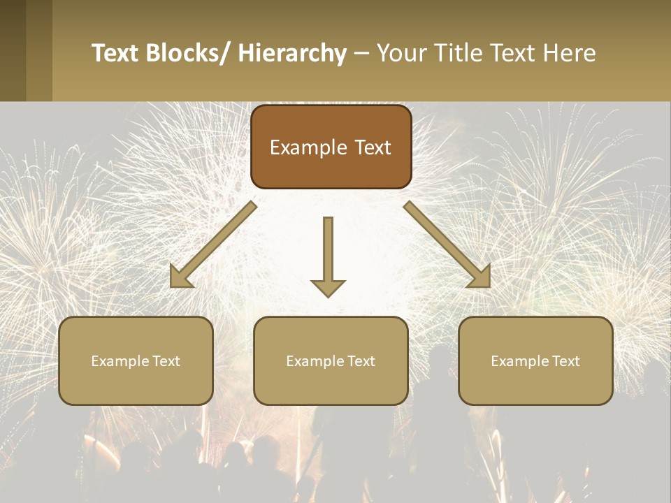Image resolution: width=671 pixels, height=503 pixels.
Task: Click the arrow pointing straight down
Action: [328, 251]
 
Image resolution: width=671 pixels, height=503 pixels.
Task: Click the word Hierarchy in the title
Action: [292, 53]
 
